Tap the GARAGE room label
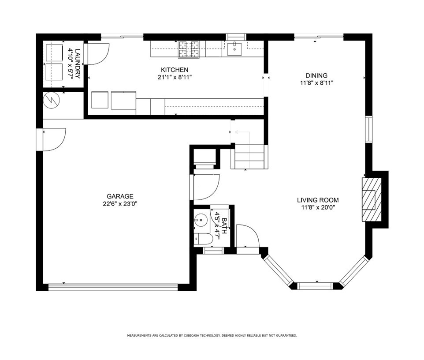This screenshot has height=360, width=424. (120, 196)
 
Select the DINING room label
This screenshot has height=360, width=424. (316, 75)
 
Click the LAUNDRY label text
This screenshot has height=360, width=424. (78, 64)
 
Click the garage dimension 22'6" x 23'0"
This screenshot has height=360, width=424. (120, 204)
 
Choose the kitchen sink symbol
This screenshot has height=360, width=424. (234, 49)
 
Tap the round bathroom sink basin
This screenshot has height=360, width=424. (201, 219)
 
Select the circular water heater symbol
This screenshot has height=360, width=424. (52, 101)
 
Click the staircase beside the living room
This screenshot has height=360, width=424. (249, 157)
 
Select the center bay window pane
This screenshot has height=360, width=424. (315, 286)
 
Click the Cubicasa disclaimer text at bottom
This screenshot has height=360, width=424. (212, 336)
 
